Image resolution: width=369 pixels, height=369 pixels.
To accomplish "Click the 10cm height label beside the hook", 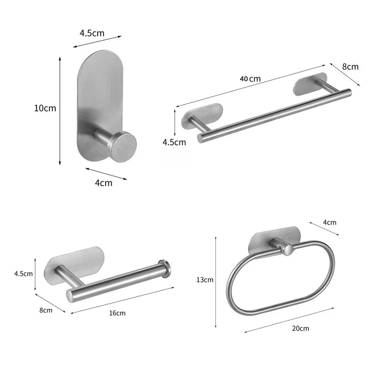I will tap(45, 108).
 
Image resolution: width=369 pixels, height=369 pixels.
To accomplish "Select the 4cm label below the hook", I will tap(103, 183).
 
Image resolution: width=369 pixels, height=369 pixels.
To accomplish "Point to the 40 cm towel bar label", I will tap(250, 78).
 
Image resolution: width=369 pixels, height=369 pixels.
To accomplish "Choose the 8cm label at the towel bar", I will tap(350, 66).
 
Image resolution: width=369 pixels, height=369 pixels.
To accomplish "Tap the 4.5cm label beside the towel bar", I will tap(174, 142).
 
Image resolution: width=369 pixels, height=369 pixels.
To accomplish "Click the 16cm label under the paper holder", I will tap(117, 313).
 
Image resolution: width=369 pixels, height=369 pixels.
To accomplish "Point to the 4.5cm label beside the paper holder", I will tap(23, 274).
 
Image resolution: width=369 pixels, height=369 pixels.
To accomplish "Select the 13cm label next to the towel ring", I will tap(205, 280).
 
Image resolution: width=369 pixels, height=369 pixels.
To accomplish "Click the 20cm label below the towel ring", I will tap(300, 328).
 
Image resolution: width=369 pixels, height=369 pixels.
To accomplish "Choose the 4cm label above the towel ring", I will tap(329, 222).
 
